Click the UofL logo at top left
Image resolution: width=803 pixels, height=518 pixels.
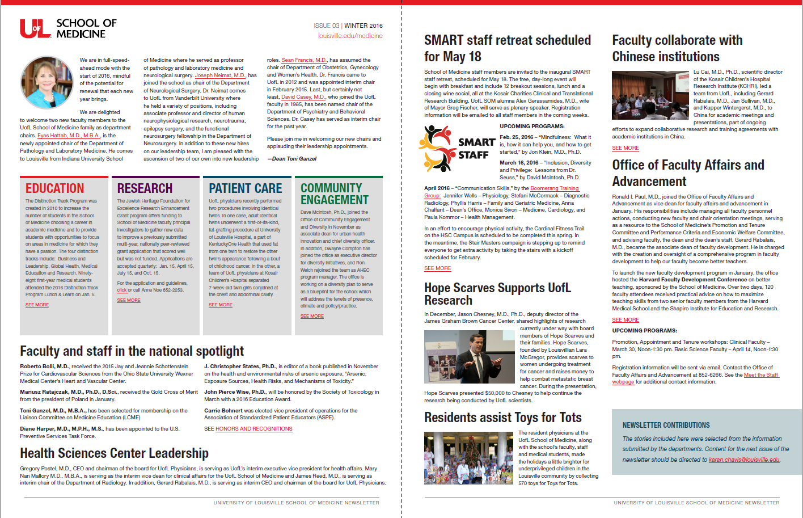[x=35, y=28]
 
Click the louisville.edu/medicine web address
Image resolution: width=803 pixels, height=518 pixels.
[x=350, y=36]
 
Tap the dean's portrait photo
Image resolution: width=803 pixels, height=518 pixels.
[x=47, y=83]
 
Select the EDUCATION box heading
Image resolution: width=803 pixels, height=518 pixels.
[x=54, y=188]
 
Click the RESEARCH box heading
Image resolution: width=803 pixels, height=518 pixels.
[x=145, y=188]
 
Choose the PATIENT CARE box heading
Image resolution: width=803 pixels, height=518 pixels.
[x=245, y=188]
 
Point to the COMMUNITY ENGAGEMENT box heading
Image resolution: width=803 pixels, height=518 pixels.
[x=334, y=194]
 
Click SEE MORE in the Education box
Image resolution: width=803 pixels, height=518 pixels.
[x=37, y=305]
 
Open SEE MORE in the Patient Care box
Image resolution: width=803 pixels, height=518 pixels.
[x=221, y=305]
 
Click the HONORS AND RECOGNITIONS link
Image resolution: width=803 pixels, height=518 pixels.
[x=253, y=429]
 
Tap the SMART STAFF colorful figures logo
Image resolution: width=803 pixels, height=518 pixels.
[x=438, y=148]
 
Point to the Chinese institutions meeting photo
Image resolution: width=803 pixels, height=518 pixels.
[x=650, y=95]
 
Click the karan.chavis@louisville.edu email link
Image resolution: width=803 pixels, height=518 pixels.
[x=744, y=460]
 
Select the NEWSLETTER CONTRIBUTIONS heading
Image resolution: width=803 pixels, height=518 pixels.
[x=666, y=425]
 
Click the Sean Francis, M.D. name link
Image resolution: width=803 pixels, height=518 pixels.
[x=304, y=60]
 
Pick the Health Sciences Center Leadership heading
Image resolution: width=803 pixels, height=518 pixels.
[x=114, y=453]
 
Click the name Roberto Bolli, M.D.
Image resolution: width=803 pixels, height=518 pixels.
[x=44, y=367]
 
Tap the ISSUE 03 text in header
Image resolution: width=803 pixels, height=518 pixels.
[x=326, y=26]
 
